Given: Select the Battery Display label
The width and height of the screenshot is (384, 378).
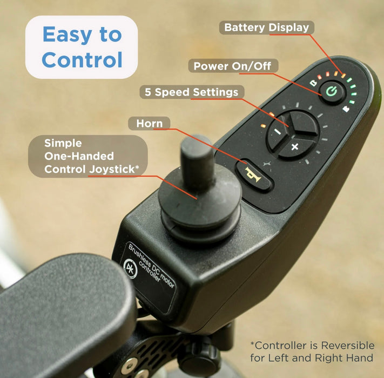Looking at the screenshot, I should click(x=266, y=27).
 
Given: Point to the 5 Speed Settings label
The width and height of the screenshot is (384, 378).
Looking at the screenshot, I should click(x=191, y=92).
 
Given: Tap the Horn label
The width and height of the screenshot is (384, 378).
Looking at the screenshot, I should click(x=149, y=123).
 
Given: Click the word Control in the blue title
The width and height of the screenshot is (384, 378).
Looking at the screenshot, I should click(x=82, y=60).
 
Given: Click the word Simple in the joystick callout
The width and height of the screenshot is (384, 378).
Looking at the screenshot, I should click(x=63, y=143).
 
